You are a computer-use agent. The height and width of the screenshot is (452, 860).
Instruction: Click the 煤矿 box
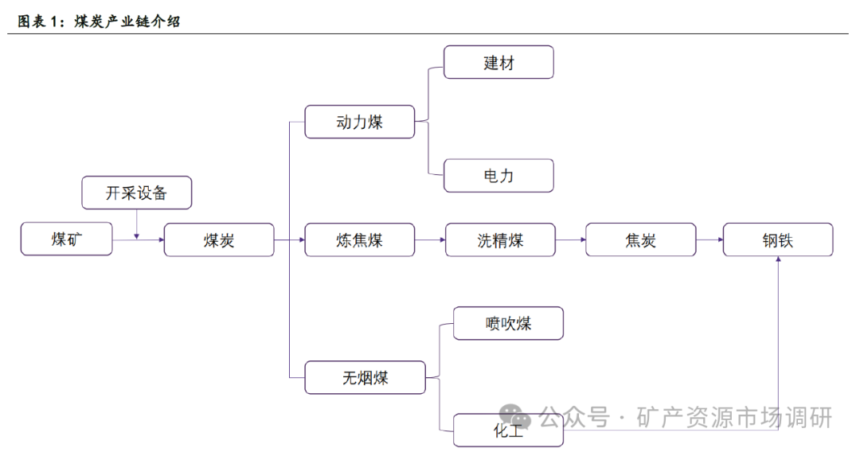[66, 240]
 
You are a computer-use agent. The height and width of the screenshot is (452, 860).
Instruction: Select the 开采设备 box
[137, 193]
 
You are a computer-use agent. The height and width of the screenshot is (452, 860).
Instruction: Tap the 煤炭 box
[219, 240]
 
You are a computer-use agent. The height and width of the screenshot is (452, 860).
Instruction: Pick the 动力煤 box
[360, 122]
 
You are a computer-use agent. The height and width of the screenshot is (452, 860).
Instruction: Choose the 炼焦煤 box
[360, 240]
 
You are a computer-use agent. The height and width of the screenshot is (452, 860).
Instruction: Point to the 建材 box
[498, 62]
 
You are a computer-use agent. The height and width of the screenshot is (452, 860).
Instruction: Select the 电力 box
[498, 176]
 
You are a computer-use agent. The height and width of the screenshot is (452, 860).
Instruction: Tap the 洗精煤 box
[500, 240]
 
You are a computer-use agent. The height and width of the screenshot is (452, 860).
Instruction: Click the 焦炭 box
[641, 240]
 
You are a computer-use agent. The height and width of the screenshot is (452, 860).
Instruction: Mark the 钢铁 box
[778, 240]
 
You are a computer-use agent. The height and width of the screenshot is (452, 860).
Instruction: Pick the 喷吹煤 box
[508, 323]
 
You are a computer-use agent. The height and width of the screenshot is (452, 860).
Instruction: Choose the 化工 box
[508, 431]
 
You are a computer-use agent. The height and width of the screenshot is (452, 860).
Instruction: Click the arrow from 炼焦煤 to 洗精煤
[430, 240]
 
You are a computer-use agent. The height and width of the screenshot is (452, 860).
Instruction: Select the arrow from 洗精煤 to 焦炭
[569, 240]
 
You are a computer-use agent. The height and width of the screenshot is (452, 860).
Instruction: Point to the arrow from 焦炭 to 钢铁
[709, 240]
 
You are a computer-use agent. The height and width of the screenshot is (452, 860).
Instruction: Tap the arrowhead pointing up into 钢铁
[778, 260]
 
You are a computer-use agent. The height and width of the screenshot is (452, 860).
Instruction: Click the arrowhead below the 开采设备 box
[137, 236]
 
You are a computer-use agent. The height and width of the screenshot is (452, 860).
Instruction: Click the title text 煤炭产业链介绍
[127, 21]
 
